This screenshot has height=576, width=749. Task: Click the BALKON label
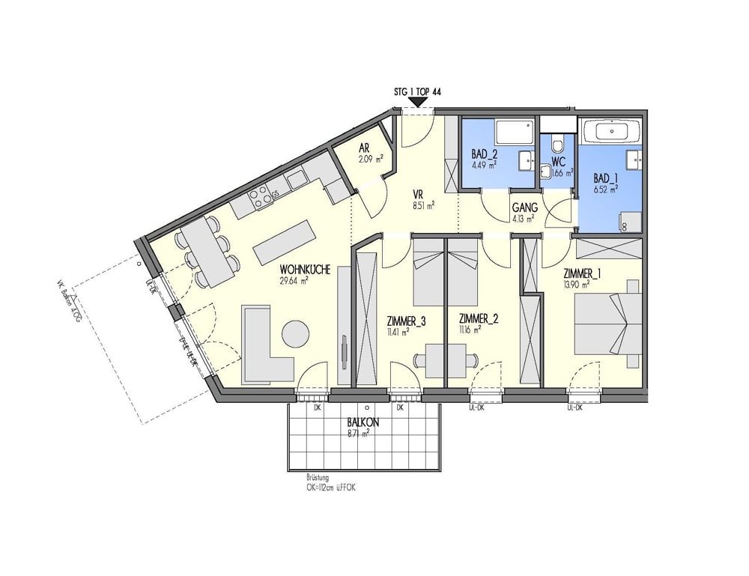(363, 422)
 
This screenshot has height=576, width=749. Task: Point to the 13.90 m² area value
(576, 284)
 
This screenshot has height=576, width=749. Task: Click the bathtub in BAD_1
(612, 131)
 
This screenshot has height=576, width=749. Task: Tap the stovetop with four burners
(261, 196)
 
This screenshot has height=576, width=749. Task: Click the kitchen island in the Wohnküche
(283, 242)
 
